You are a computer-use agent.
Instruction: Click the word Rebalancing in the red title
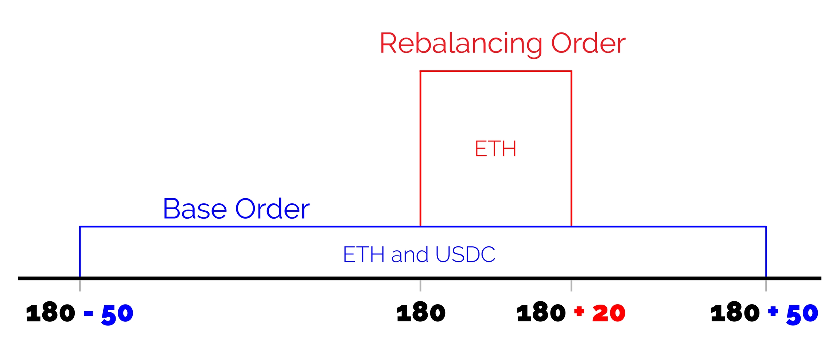(x=461, y=44)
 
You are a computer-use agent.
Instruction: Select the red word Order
(x=588, y=44)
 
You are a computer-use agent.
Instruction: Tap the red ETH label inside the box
(x=495, y=149)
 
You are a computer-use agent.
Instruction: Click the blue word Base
(x=195, y=209)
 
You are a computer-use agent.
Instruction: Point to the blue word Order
(x=272, y=209)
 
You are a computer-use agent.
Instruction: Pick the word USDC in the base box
(x=465, y=254)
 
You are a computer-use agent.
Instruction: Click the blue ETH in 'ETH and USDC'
(x=363, y=254)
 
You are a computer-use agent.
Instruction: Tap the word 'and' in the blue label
(x=409, y=254)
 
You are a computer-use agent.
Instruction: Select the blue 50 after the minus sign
(x=117, y=314)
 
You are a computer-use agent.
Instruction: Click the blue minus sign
(x=88, y=313)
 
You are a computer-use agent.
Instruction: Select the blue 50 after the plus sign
(x=802, y=314)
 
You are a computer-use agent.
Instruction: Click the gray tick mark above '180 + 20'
(x=571, y=286)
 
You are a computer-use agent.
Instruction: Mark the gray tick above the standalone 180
(x=420, y=286)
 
